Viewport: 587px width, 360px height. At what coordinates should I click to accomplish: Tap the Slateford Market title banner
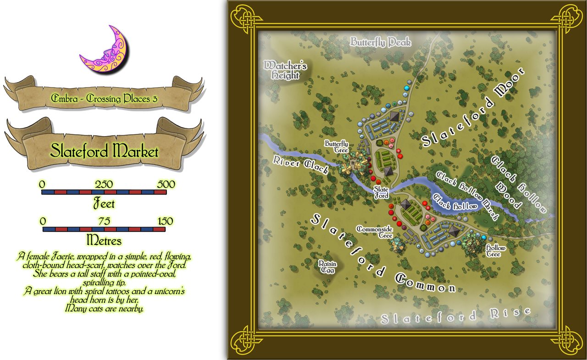104,151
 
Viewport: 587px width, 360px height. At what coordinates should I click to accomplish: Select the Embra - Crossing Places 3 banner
105,98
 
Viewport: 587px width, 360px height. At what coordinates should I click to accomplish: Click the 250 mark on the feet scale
104,184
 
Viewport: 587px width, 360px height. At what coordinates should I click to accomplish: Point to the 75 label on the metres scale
104,222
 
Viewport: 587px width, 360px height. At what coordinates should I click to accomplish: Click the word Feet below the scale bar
104,203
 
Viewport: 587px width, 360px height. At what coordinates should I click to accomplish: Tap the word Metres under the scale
104,240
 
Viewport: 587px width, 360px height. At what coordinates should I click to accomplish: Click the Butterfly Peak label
381,43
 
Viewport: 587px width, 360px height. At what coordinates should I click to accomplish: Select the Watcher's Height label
285,70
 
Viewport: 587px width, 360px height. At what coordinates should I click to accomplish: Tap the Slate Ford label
382,192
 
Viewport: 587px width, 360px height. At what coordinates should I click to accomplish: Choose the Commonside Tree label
375,232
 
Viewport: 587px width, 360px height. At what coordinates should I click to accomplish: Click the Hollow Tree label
496,251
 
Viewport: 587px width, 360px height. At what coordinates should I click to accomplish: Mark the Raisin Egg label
328,267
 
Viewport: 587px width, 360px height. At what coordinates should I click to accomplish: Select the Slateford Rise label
456,317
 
